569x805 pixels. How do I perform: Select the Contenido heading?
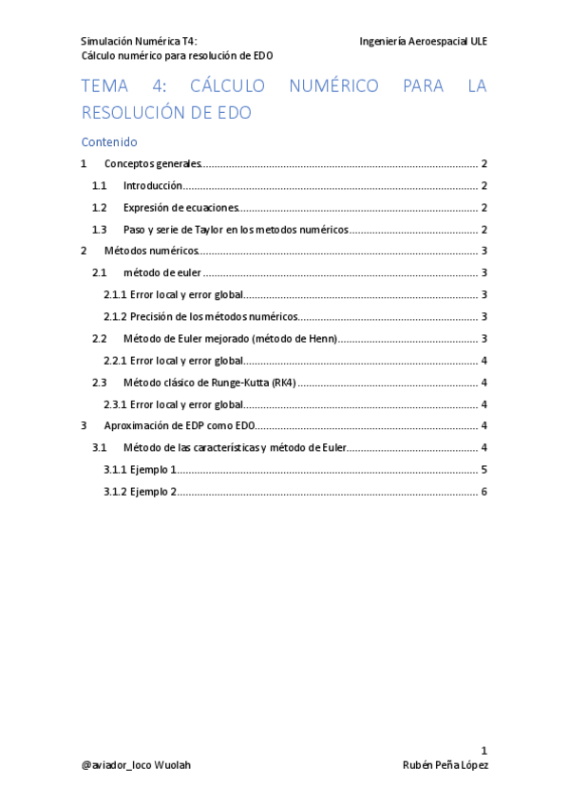tap(109, 142)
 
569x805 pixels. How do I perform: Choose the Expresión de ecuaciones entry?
tap(180, 208)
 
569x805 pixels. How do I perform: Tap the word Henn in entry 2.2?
tap(318, 339)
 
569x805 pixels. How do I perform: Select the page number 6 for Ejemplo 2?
tap(484, 492)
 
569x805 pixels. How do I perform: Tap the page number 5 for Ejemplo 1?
tap(484, 470)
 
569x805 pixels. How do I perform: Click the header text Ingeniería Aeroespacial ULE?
tap(423, 42)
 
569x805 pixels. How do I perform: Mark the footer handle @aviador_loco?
tap(117, 765)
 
